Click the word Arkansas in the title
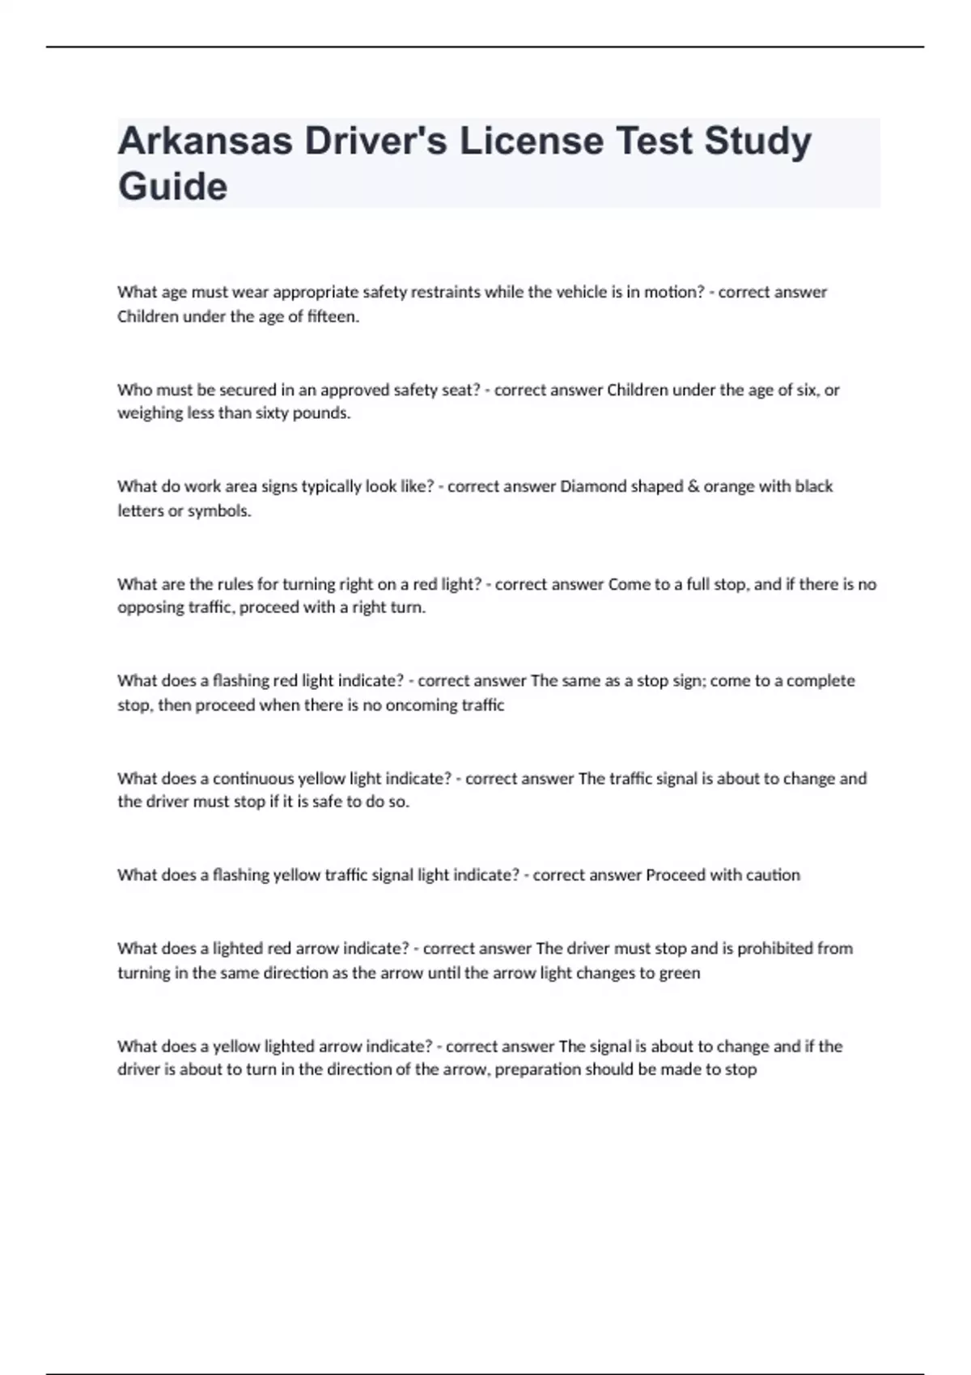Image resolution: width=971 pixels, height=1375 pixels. [206, 142]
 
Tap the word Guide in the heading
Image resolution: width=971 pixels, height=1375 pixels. [172, 187]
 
